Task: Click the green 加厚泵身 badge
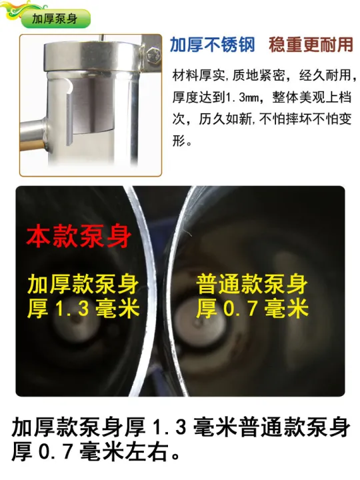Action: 55,19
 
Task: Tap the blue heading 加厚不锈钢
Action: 213,45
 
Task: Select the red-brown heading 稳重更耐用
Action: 311,45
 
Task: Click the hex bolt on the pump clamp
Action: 153,56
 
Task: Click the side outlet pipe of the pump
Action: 33,135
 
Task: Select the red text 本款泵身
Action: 79,237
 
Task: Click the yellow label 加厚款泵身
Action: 83,285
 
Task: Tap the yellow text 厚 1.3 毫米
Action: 83,308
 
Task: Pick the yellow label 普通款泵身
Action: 251,285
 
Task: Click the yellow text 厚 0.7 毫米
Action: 252,308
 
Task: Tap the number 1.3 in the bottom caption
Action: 169,427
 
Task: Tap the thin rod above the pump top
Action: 103,37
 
